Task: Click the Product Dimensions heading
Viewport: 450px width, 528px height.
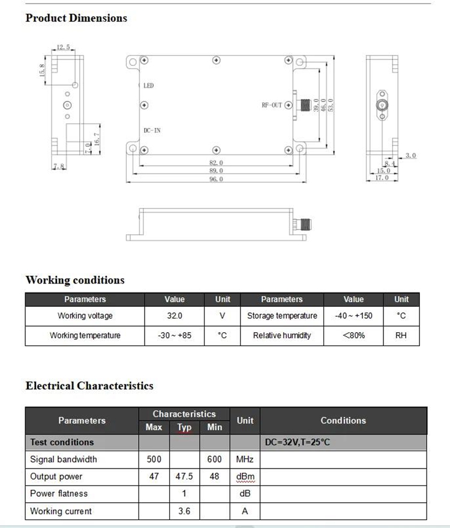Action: click(76, 18)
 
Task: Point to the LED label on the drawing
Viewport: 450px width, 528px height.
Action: click(149, 86)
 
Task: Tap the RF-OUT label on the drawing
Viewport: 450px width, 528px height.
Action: click(272, 105)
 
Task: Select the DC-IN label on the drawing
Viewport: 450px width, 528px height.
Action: click(152, 130)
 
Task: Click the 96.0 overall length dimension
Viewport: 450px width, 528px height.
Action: click(217, 180)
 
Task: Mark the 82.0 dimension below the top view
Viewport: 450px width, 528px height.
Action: click(217, 163)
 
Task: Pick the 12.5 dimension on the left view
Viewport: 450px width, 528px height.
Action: click(64, 47)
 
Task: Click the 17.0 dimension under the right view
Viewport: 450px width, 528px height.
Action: click(382, 178)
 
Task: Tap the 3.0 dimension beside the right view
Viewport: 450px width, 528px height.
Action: click(410, 156)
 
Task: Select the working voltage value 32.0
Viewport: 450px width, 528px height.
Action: click(175, 316)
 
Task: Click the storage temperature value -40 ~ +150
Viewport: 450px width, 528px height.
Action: click(353, 316)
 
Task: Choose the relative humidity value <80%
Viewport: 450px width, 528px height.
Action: click(353, 335)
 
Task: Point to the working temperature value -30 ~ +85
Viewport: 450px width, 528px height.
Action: click(175, 335)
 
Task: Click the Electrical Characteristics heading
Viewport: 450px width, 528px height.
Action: click(89, 386)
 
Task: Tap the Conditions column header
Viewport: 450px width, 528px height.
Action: click(343, 420)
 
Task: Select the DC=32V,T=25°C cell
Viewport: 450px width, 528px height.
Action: click(298, 442)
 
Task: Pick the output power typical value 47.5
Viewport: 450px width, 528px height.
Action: click(184, 476)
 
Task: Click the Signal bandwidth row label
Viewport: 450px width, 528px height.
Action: click(64, 460)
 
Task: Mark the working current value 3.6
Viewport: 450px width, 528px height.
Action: click(184, 511)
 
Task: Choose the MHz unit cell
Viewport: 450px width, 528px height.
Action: click(245, 460)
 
